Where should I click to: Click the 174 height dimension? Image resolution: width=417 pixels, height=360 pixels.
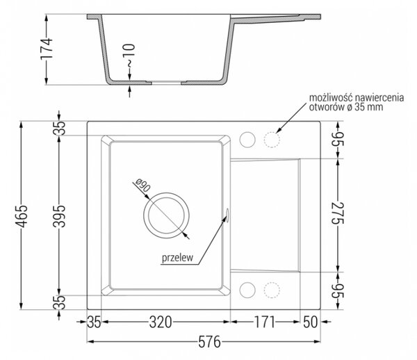[x=47, y=49]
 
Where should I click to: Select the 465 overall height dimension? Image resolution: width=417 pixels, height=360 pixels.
[x=22, y=216]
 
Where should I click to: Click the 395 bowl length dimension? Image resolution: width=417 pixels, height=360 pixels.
[x=59, y=216]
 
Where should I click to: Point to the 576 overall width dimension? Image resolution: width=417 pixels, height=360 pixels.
[x=210, y=342]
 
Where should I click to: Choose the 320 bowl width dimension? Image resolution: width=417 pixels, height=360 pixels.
[x=161, y=322]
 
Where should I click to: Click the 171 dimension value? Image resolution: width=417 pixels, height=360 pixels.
[x=265, y=322]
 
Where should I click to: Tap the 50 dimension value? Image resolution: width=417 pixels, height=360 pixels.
[x=311, y=322]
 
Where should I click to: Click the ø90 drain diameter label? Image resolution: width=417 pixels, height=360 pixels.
[x=142, y=185]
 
